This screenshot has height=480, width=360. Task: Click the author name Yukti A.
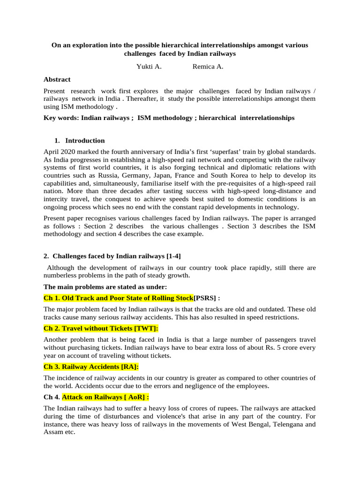pyautogui.click(x=149, y=67)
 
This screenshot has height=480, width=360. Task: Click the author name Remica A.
pyautogui.click(x=208, y=67)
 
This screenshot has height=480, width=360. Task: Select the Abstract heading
pyautogui.click(x=57, y=80)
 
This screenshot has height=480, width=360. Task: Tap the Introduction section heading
pyautogui.click(x=85, y=141)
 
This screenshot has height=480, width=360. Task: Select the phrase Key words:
pyautogui.click(x=61, y=118)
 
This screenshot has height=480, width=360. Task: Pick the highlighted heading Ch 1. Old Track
pyautogui.click(x=118, y=298)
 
